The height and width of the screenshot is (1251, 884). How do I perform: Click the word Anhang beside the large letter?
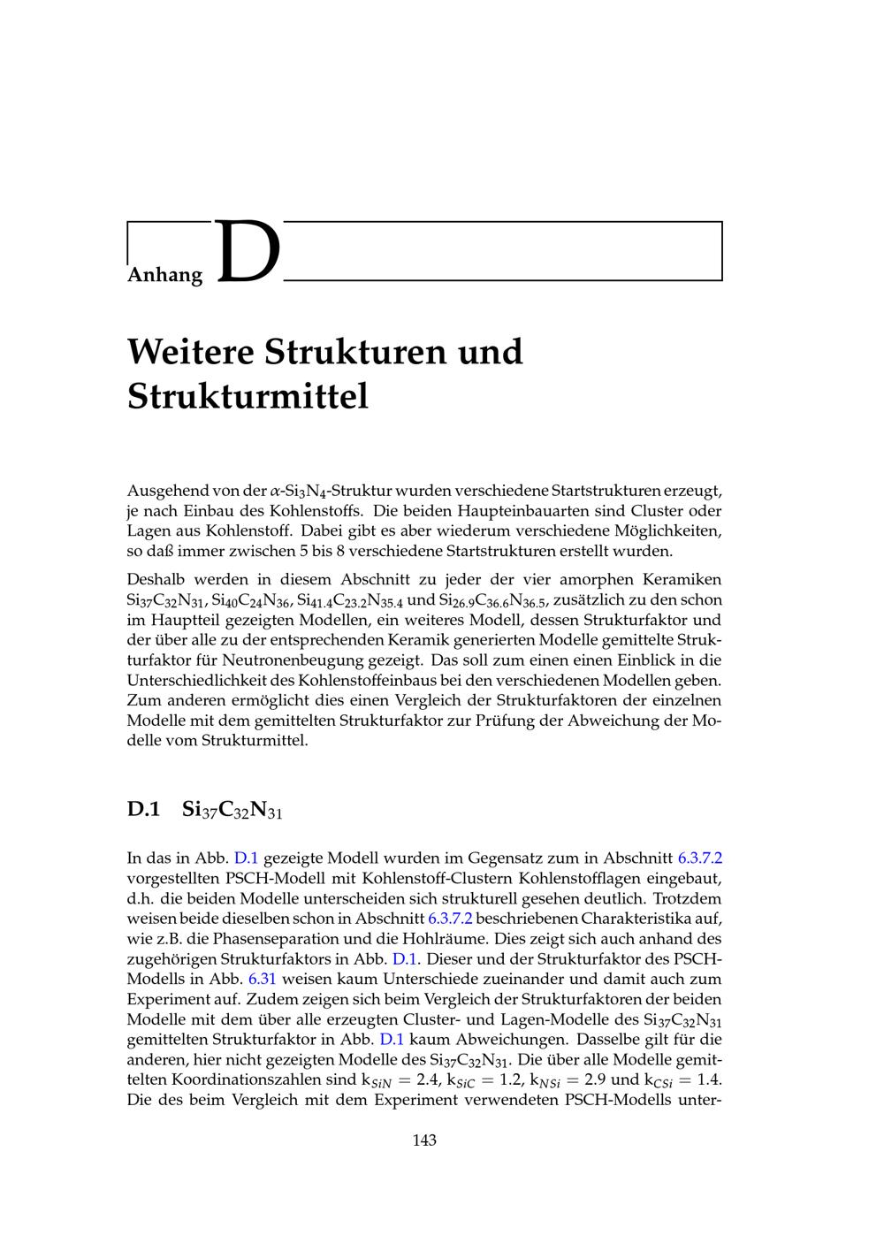coord(164,274)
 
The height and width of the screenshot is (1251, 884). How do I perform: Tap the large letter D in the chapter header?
coord(248,254)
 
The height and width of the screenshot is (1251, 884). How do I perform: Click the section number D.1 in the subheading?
coord(143,809)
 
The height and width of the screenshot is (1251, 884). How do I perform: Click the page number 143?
coord(424,1140)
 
